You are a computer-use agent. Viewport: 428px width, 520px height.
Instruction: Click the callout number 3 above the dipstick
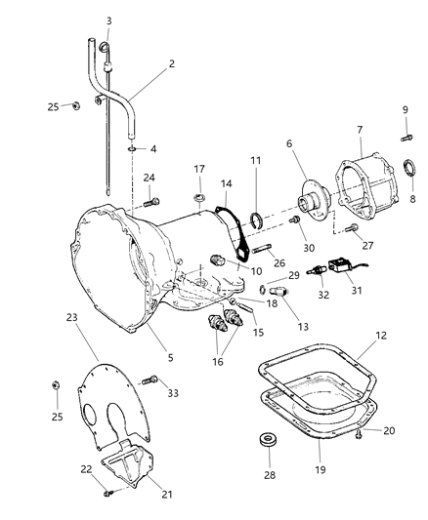point(108,20)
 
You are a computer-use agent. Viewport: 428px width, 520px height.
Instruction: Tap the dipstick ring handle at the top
point(104,47)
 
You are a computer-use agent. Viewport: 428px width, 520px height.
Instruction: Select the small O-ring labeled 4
point(132,149)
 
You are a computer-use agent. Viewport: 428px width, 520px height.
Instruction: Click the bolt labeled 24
point(151,202)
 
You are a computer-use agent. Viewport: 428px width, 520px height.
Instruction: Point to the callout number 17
point(199,169)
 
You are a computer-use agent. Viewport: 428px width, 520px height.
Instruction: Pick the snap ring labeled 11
point(256,220)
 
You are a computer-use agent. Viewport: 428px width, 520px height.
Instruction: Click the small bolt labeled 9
point(407,137)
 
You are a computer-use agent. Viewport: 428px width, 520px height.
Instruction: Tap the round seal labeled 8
point(409,168)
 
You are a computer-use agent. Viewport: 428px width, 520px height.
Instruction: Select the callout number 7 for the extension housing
point(360,130)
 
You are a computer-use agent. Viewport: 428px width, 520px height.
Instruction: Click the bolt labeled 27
point(352,228)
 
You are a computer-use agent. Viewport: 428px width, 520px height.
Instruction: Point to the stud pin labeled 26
point(262,248)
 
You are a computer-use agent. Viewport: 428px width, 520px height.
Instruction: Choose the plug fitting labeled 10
point(218,260)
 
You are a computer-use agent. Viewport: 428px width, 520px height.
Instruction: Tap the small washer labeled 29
point(262,290)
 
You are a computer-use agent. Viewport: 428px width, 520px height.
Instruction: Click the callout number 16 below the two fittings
point(218,362)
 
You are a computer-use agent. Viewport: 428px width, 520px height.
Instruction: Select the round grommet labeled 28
point(268,439)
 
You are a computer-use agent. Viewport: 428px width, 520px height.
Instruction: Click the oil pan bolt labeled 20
point(359,434)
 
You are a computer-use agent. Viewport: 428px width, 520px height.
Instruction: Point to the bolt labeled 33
point(150,380)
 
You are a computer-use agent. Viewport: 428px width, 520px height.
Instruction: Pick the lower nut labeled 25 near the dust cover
point(56,385)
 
